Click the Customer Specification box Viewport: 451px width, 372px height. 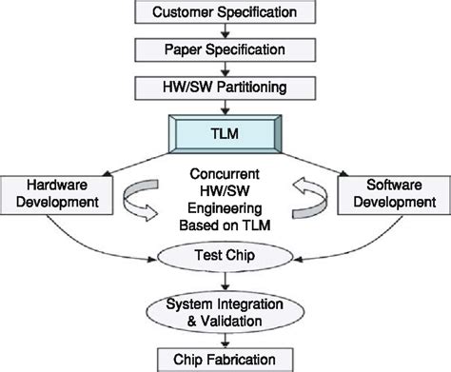pos(225,13)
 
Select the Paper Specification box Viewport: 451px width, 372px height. pos(225,48)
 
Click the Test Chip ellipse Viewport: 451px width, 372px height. pos(225,255)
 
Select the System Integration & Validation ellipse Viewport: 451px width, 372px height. pos(225,312)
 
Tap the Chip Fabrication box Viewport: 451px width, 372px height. pos(225,359)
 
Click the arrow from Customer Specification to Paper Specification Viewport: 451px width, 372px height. pos(225,30)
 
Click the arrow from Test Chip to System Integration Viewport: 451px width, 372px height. pos(225,280)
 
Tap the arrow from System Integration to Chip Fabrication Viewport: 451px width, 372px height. pos(225,339)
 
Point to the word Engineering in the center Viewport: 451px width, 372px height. pos(225,212)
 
